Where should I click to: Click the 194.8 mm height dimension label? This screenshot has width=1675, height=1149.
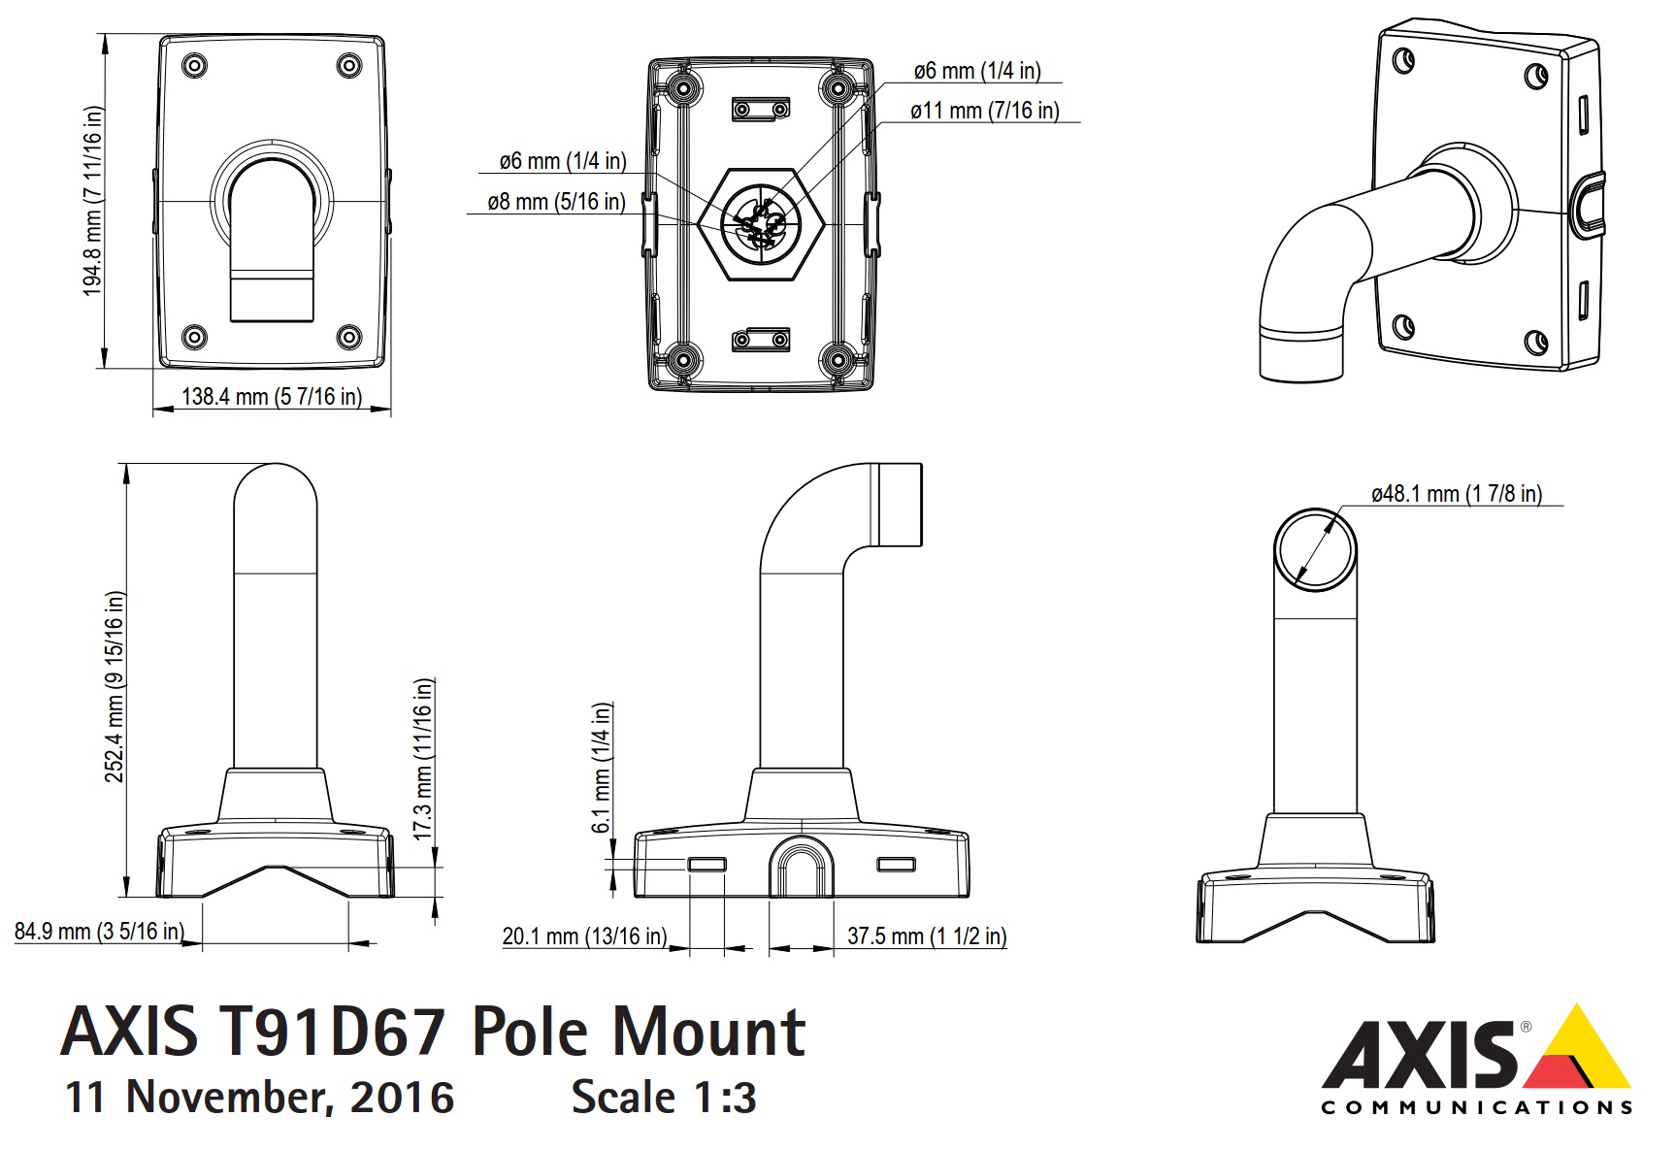(93, 201)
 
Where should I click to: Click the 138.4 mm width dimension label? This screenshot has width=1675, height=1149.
(272, 397)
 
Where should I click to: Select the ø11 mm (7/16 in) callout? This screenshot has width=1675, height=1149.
(984, 111)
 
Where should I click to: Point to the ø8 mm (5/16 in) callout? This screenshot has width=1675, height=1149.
(556, 202)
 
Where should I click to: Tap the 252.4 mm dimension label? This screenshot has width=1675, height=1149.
(115, 686)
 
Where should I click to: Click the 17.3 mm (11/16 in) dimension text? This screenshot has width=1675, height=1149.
(423, 759)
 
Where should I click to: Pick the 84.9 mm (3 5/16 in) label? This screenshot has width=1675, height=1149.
(99, 932)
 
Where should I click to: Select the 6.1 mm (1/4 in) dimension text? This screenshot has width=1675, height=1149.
(602, 768)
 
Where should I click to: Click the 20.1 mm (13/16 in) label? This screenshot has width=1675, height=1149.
(584, 936)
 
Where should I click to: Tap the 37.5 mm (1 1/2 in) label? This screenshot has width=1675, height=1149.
(927, 936)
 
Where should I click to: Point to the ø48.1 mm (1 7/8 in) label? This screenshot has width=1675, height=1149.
(1456, 494)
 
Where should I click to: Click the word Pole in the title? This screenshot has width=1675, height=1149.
(529, 1033)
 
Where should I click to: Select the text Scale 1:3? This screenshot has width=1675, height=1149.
(664, 1098)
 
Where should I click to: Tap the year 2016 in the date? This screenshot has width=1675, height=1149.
(402, 1098)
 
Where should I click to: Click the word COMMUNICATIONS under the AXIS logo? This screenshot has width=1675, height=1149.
(1476, 1107)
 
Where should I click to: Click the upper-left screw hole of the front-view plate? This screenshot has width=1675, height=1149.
(195, 66)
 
